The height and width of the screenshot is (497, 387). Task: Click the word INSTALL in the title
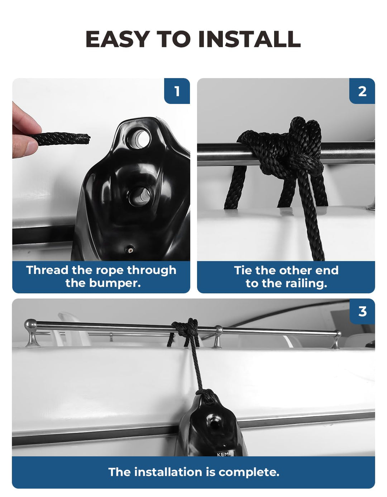coord(249,39)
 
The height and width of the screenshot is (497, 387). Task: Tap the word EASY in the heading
coord(118,39)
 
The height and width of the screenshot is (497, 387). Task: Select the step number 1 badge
coord(177,91)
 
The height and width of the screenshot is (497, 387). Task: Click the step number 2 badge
coord(362,91)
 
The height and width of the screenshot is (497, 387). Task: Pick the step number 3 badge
coord(362,311)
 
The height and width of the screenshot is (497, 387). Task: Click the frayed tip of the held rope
coord(88,138)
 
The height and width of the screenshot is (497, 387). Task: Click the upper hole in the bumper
coord(139,139)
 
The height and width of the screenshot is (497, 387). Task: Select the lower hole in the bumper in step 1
coord(140,196)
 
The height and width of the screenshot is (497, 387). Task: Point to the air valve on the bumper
coord(130,248)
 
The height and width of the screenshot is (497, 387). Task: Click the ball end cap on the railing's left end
coord(30,324)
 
